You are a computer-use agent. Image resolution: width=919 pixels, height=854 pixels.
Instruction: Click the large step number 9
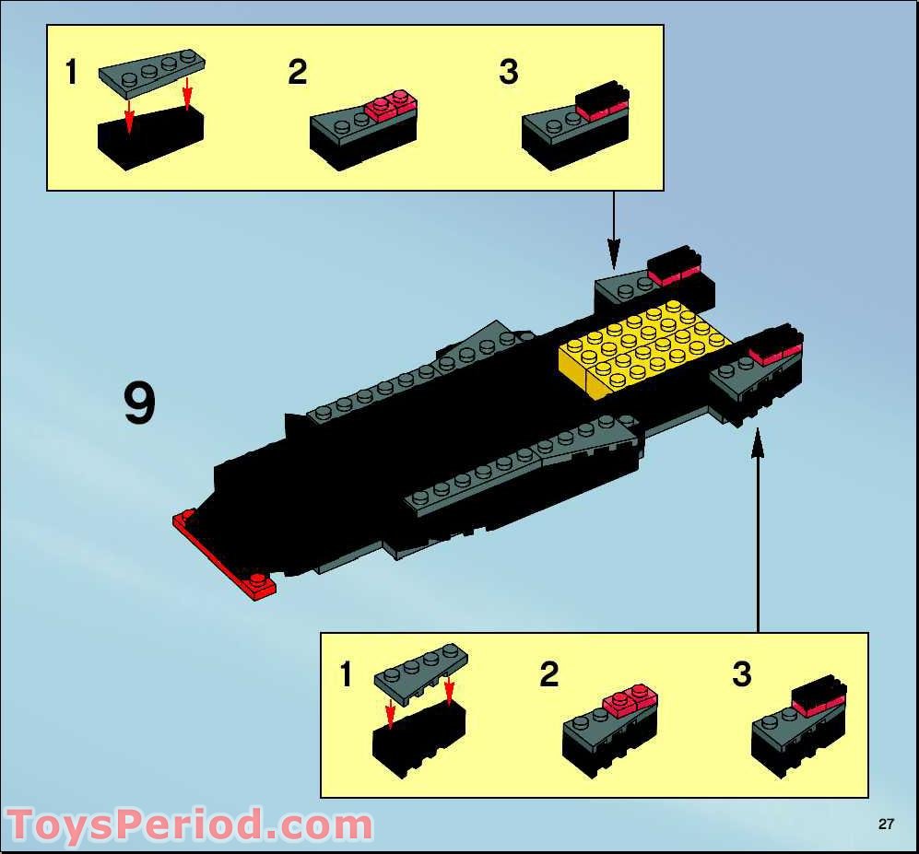tap(139, 405)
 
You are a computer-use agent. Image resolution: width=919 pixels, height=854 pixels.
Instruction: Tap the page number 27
tap(886, 825)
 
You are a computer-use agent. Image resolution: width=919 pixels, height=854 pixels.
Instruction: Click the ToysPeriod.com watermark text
tap(189, 825)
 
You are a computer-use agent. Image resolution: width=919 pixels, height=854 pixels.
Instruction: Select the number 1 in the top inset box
tap(71, 72)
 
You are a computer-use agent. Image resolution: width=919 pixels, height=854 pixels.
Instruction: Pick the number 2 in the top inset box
tap(297, 72)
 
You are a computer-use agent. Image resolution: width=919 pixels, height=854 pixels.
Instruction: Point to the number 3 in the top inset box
tap(509, 72)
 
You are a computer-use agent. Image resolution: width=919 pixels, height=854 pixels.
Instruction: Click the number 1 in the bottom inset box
tap(346, 675)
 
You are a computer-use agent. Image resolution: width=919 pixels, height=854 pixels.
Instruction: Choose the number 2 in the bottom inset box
tap(549, 675)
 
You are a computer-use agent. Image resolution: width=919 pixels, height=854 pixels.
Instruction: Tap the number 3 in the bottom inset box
tap(742, 675)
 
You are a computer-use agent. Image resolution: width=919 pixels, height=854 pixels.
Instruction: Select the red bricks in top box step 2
tap(391, 105)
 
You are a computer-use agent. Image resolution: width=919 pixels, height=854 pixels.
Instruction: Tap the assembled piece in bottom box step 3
tap(798, 727)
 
